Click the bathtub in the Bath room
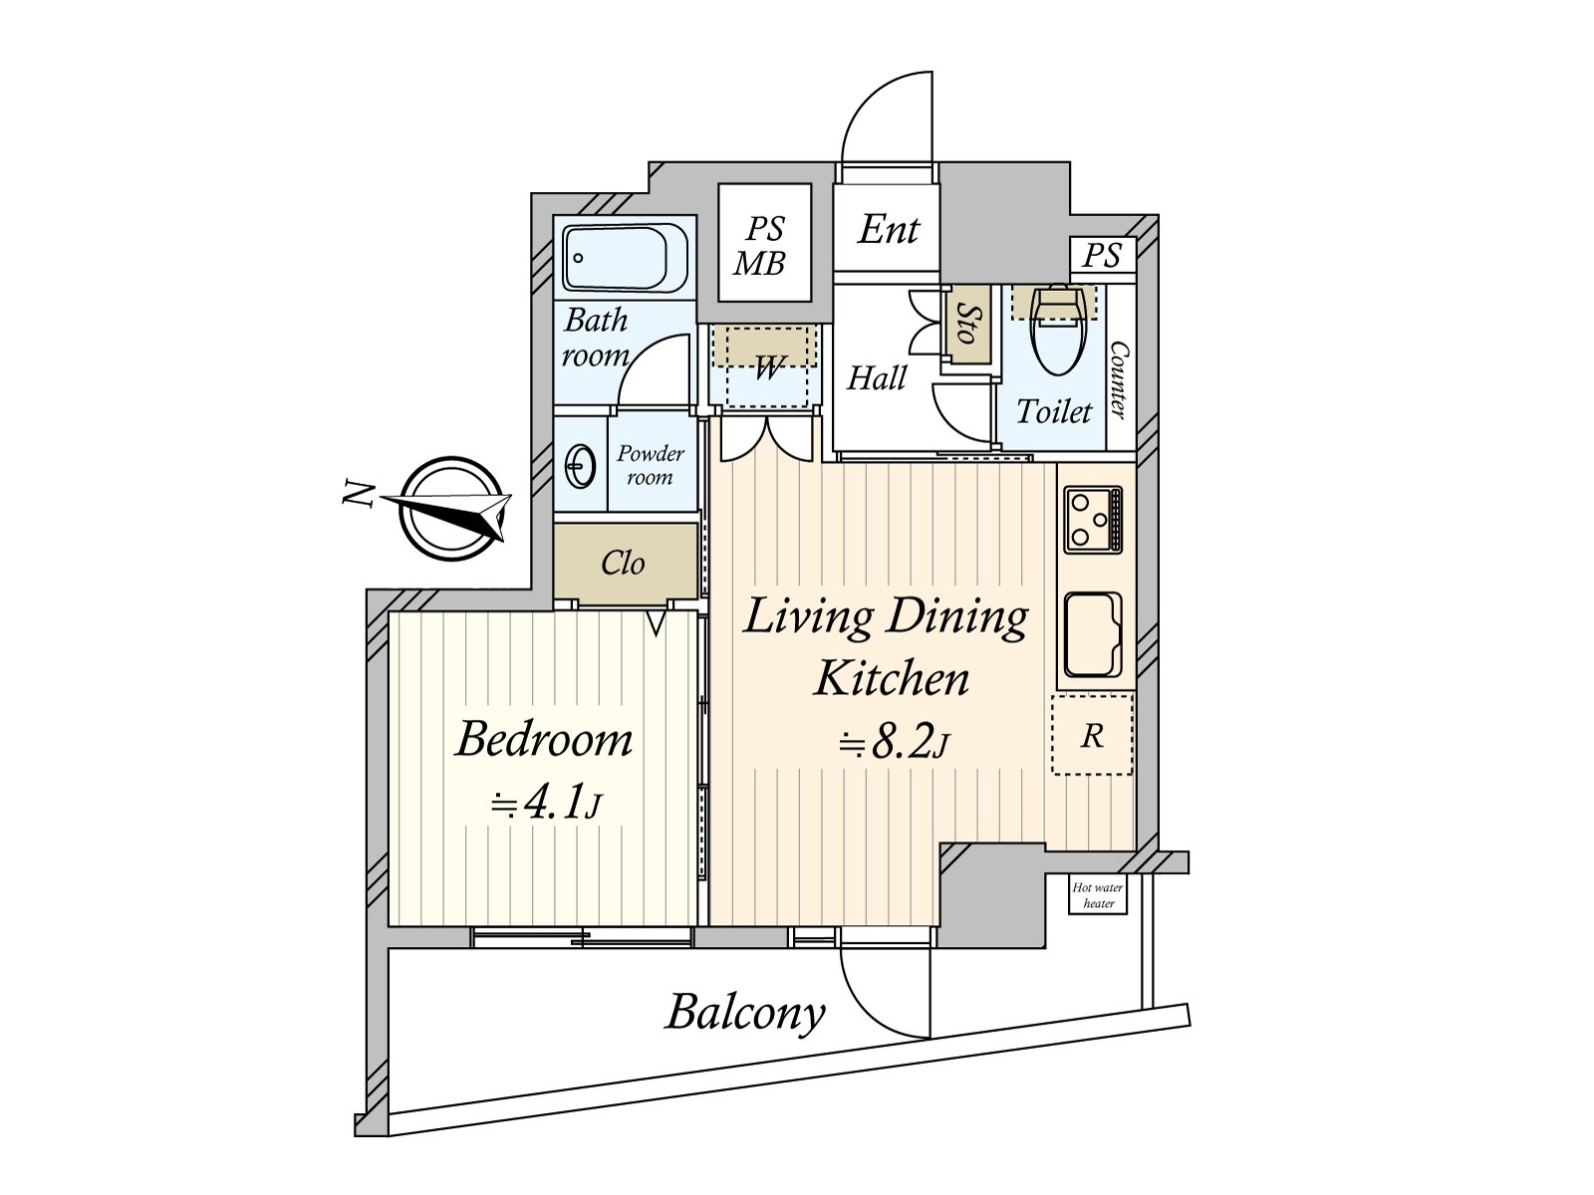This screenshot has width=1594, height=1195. [626, 258]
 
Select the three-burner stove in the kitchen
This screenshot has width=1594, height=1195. [1093, 520]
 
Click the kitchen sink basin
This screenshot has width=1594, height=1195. [1093, 634]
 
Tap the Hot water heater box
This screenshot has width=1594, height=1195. [1097, 895]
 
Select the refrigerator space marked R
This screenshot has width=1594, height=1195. [1092, 736]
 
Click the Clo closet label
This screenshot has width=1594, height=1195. [623, 564]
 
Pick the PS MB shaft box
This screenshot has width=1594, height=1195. [763, 244]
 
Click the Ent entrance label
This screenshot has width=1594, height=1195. [888, 230]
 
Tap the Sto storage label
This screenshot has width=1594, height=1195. [964, 325]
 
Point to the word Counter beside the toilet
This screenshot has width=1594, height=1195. [1119, 378]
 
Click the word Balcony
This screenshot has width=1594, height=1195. [745, 1013]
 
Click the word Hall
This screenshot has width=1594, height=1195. [877, 378]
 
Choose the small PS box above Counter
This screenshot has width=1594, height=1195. [1102, 256]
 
